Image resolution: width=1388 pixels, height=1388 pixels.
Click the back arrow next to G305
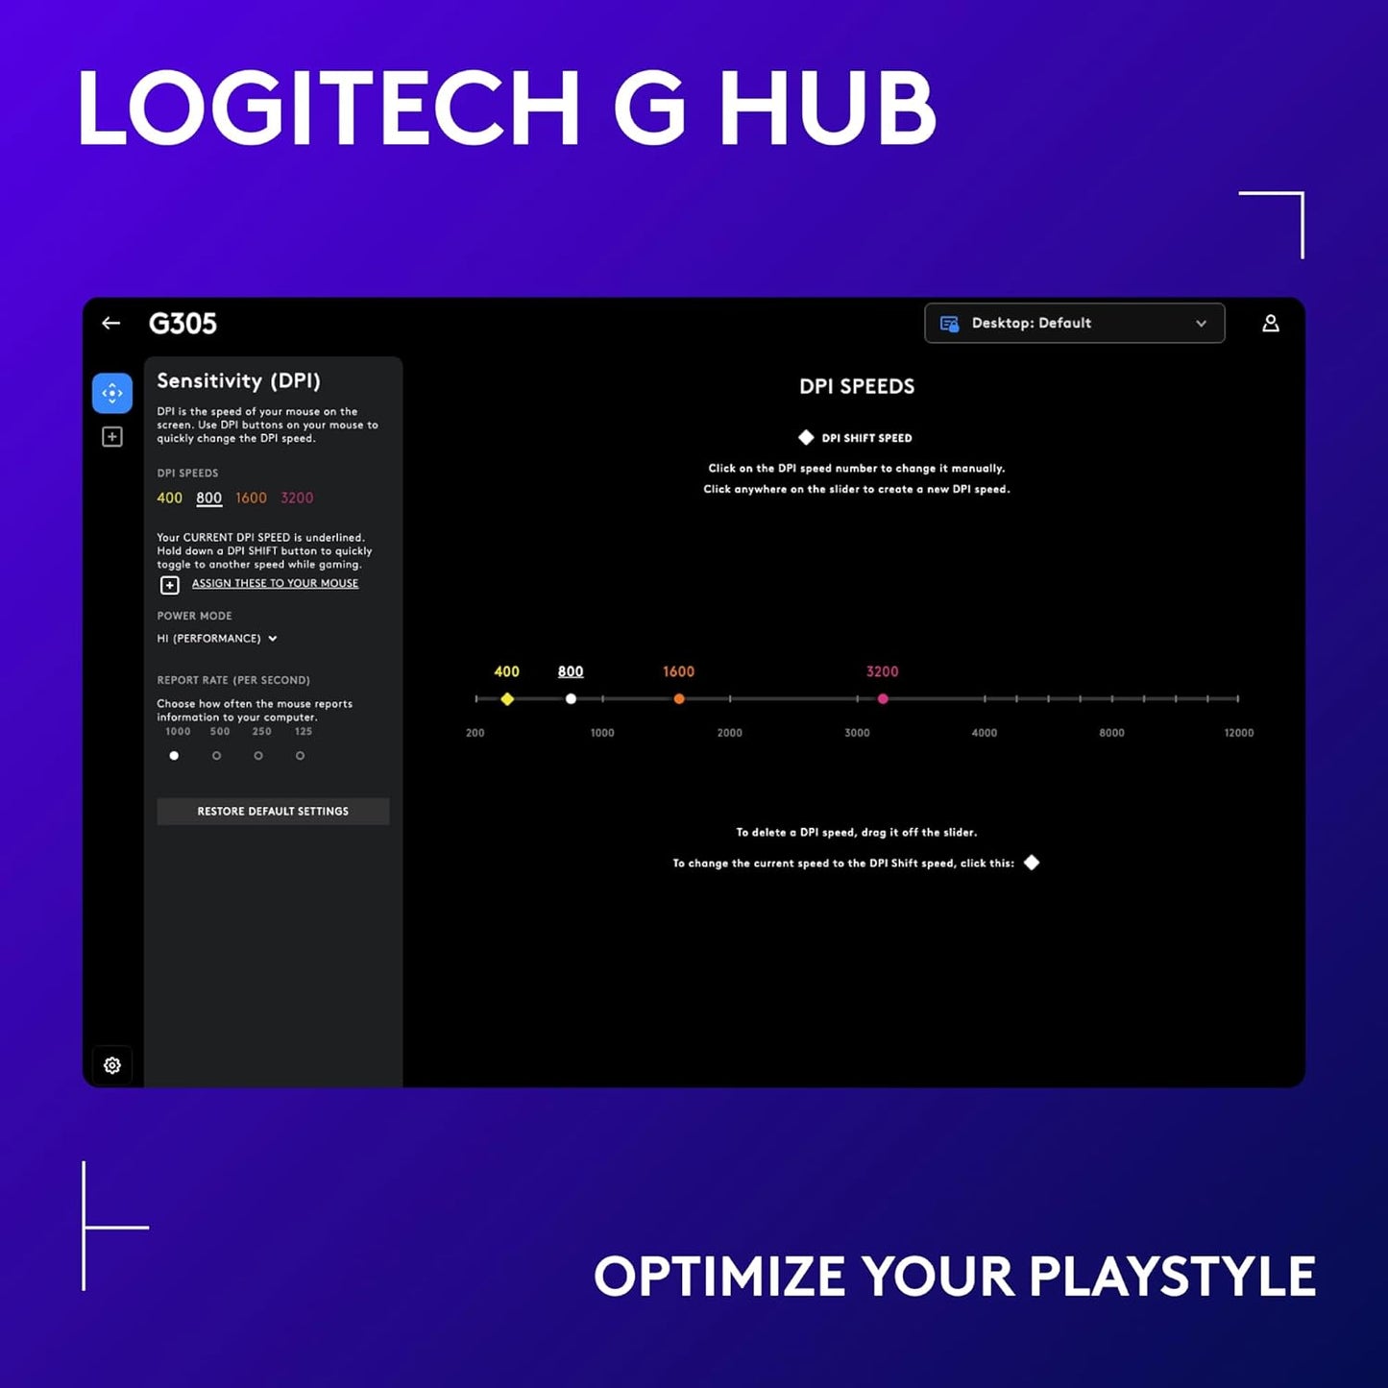111,324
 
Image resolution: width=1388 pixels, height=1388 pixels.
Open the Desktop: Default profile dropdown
1074,324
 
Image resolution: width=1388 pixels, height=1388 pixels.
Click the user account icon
1270,324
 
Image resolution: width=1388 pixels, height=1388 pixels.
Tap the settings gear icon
112,1065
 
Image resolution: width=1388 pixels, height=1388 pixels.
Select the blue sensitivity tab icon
112,394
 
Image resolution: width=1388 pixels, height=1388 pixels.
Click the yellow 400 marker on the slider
507,699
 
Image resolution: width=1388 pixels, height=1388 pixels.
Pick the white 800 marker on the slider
571,699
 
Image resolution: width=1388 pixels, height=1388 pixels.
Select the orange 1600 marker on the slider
679,699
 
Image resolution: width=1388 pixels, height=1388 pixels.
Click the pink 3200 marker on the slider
883,699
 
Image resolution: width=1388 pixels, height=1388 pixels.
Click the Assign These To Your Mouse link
275,583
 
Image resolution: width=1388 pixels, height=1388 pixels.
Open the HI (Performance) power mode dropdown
217,639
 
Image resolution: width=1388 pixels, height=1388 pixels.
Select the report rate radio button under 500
217,756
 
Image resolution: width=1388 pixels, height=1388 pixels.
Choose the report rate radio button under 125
301,756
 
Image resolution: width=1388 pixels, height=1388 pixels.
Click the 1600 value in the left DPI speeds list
251,498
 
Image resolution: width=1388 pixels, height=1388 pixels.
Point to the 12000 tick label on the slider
1238,733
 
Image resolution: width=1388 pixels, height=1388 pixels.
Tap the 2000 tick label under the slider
729,733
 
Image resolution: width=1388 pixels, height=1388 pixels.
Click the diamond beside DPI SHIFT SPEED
806,438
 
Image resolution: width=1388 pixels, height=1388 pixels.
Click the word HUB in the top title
827,109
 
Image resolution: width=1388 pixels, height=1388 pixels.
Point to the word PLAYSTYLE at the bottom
1172,1277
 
